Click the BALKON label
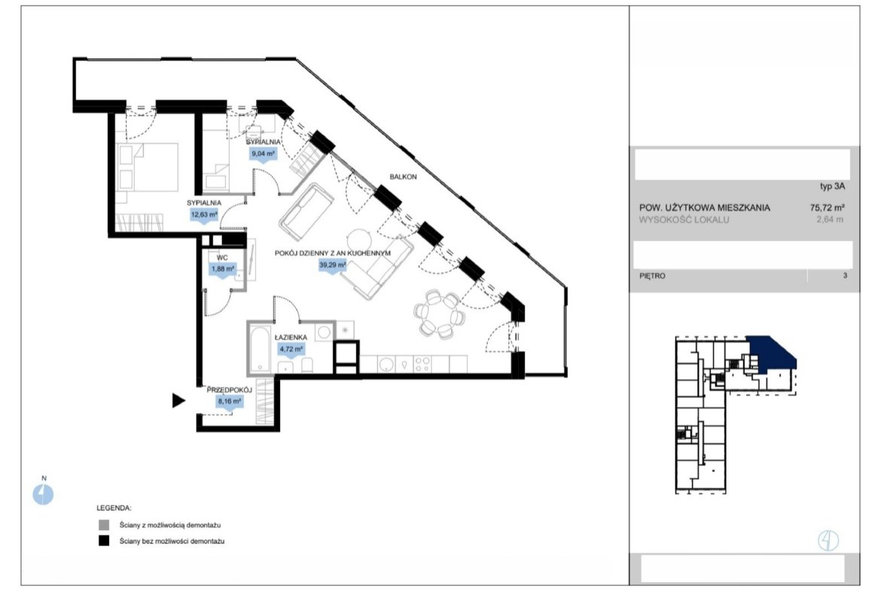[x=404, y=176]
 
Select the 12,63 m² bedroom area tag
[x=204, y=215]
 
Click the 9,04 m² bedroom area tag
[x=263, y=154]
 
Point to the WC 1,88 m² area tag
[x=223, y=269]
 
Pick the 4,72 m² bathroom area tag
[x=291, y=349]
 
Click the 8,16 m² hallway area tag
[x=230, y=402]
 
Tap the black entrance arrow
[x=178, y=401]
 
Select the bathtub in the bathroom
[x=260, y=349]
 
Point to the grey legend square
[x=104, y=526]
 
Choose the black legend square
[x=104, y=541]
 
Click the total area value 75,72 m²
[x=827, y=207]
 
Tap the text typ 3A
[x=832, y=187]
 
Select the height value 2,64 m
[x=830, y=220]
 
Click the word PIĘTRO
[x=652, y=276]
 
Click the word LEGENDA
[x=114, y=508]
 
